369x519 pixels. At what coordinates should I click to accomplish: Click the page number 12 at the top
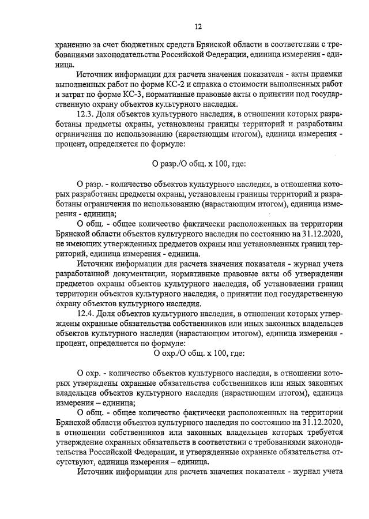[198, 27]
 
